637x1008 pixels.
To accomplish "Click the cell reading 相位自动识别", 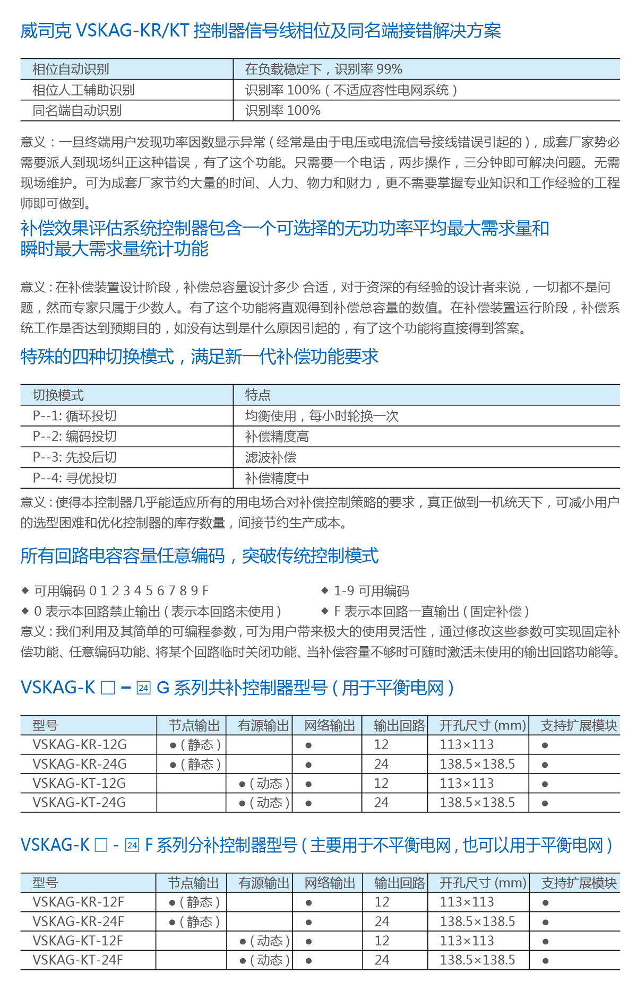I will [x=71, y=69].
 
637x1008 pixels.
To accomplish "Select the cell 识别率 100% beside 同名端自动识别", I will [x=282, y=110].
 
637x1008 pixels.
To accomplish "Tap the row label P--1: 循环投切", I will [x=74, y=416].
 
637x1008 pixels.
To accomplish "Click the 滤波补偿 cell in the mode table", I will [x=271, y=457].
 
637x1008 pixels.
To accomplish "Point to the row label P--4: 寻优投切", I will [x=74, y=478].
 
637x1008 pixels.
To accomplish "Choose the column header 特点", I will [x=258, y=395].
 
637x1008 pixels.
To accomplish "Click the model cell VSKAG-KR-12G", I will [x=80, y=745].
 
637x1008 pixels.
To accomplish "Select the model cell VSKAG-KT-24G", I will [x=79, y=803].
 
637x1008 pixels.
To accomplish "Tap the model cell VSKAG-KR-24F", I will [x=78, y=922].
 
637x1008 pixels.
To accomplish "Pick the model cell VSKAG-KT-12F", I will [x=78, y=941].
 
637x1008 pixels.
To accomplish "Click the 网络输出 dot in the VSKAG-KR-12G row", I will [x=308, y=745].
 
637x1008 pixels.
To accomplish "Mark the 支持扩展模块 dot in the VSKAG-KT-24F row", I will [x=545, y=961].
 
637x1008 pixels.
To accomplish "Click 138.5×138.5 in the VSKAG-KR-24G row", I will [x=477, y=764].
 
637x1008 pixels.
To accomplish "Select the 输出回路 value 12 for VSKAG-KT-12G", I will [x=381, y=784].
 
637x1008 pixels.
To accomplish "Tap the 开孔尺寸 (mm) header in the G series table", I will [x=483, y=725].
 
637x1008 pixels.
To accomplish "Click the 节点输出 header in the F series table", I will [x=193, y=883].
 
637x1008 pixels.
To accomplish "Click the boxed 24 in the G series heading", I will [x=143, y=688].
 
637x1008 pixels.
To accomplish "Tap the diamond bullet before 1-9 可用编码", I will [x=325, y=590].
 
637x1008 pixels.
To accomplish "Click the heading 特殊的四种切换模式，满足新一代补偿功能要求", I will [x=200, y=357].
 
